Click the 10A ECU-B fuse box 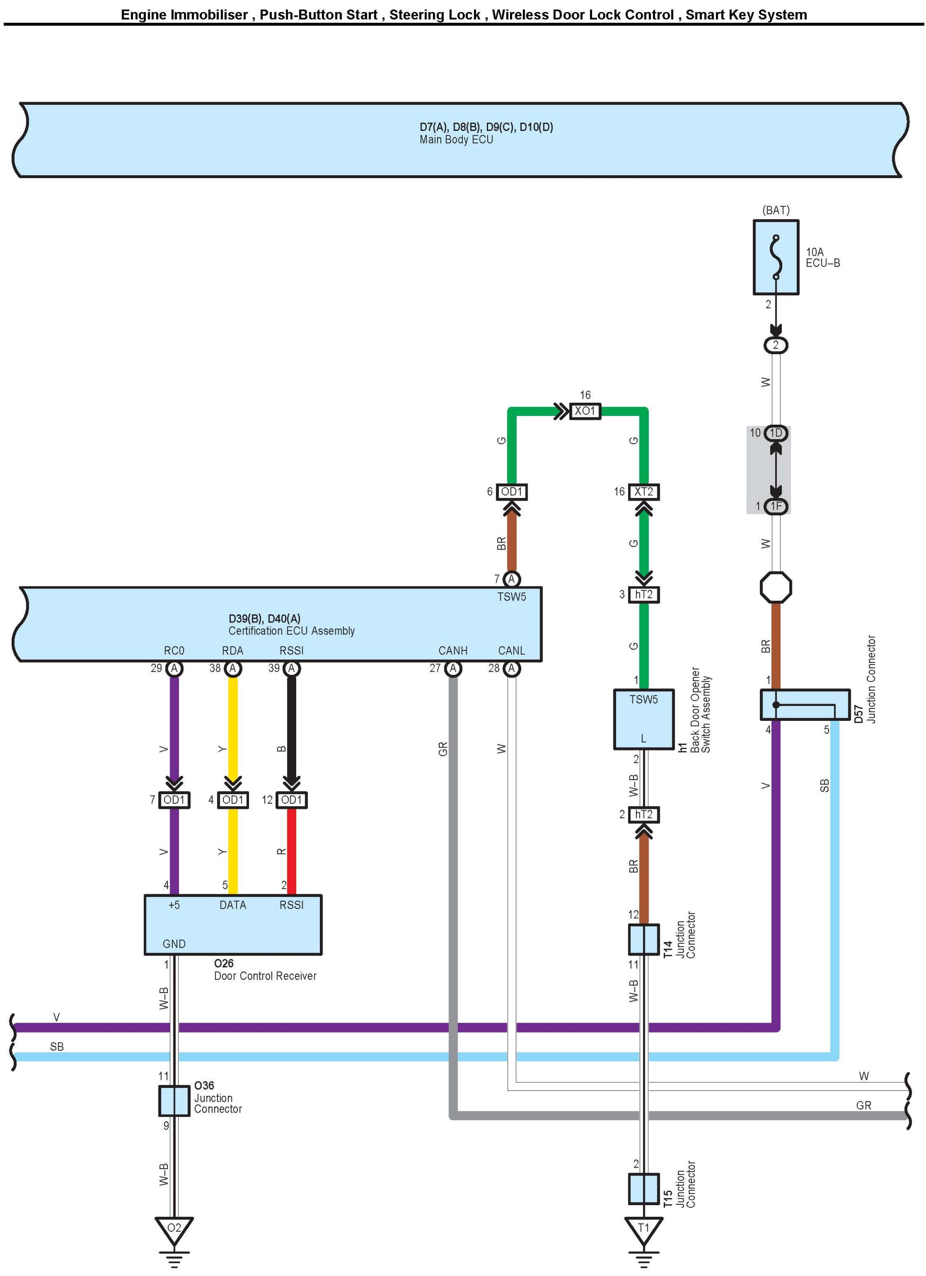pos(775,257)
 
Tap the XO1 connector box pos(585,411)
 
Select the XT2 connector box pos(643,492)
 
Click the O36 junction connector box pos(174,1100)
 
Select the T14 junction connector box pos(643,939)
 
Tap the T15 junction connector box pos(643,1189)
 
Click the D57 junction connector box pos(805,705)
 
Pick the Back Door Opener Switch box pos(643,719)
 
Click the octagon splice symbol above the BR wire pos(775,587)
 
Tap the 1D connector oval pos(776,433)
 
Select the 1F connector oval pos(776,506)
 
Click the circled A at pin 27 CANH pos(453,668)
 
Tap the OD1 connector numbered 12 pos(291,799)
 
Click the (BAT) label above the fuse pos(776,210)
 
